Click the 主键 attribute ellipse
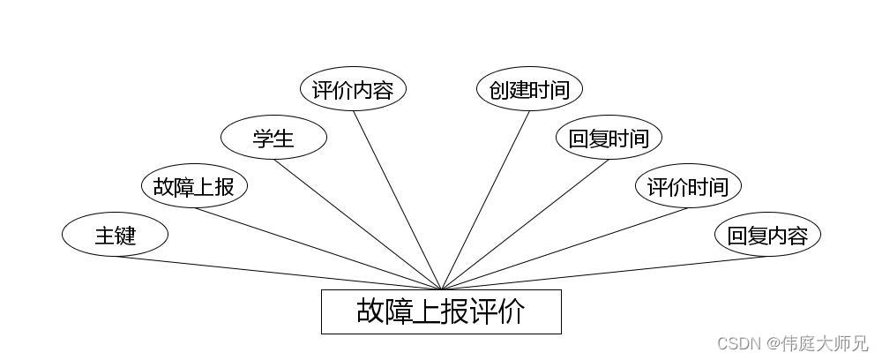[115, 235]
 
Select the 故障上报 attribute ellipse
[194, 186]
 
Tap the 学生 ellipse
[273, 138]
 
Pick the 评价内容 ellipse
[353, 90]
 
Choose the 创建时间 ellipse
[529, 90]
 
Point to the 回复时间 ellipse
[609, 138]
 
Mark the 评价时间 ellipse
[688, 186]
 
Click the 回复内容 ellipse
[767, 235]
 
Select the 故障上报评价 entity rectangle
[441, 311]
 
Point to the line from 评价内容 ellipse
[397, 199]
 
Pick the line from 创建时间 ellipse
[485, 199]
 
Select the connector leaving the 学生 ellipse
[357, 224]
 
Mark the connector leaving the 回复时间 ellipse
[525, 224]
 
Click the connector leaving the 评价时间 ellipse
[564, 249]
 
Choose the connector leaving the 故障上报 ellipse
[318, 249]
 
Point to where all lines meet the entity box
[441, 289]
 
